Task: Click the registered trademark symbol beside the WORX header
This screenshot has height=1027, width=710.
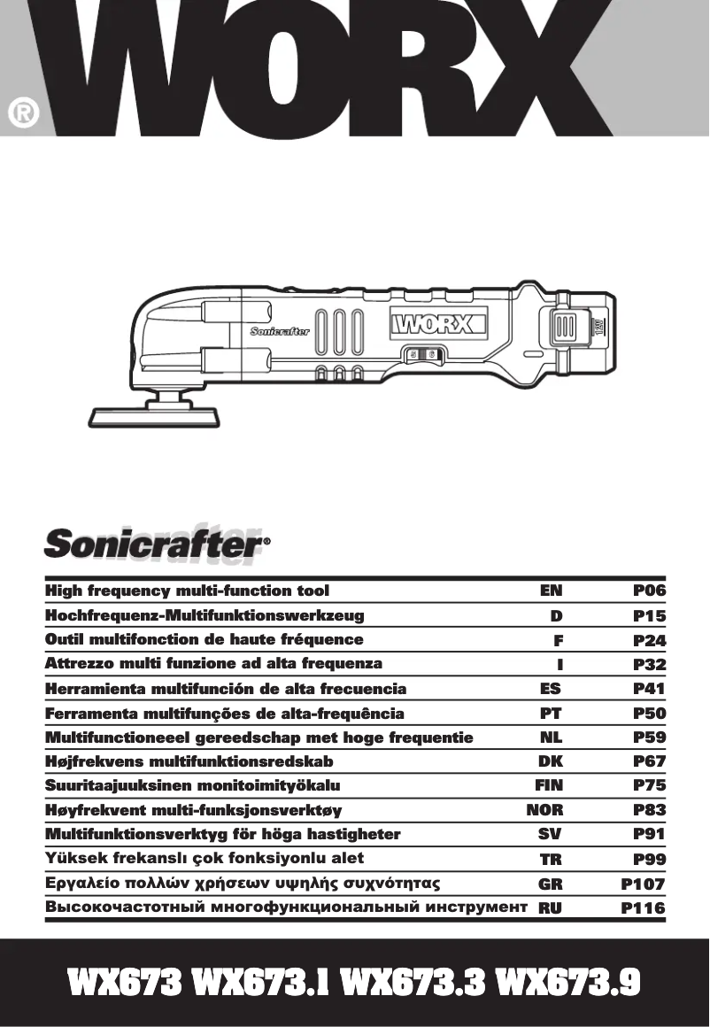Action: (23, 113)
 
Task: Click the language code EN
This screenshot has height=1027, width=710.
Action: (551, 591)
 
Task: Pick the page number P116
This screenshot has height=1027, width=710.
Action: (644, 907)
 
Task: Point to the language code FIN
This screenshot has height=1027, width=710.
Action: (549, 784)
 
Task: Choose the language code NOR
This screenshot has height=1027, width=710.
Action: (544, 809)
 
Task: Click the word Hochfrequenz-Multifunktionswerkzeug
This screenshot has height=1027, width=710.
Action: (205, 615)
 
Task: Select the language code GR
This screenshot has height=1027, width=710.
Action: (551, 884)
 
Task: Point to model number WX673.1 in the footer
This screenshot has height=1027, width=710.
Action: (263, 984)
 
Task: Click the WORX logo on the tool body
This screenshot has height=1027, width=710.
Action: (439, 322)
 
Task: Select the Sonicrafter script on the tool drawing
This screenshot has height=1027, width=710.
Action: (280, 332)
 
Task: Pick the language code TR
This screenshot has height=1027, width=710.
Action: (552, 859)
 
